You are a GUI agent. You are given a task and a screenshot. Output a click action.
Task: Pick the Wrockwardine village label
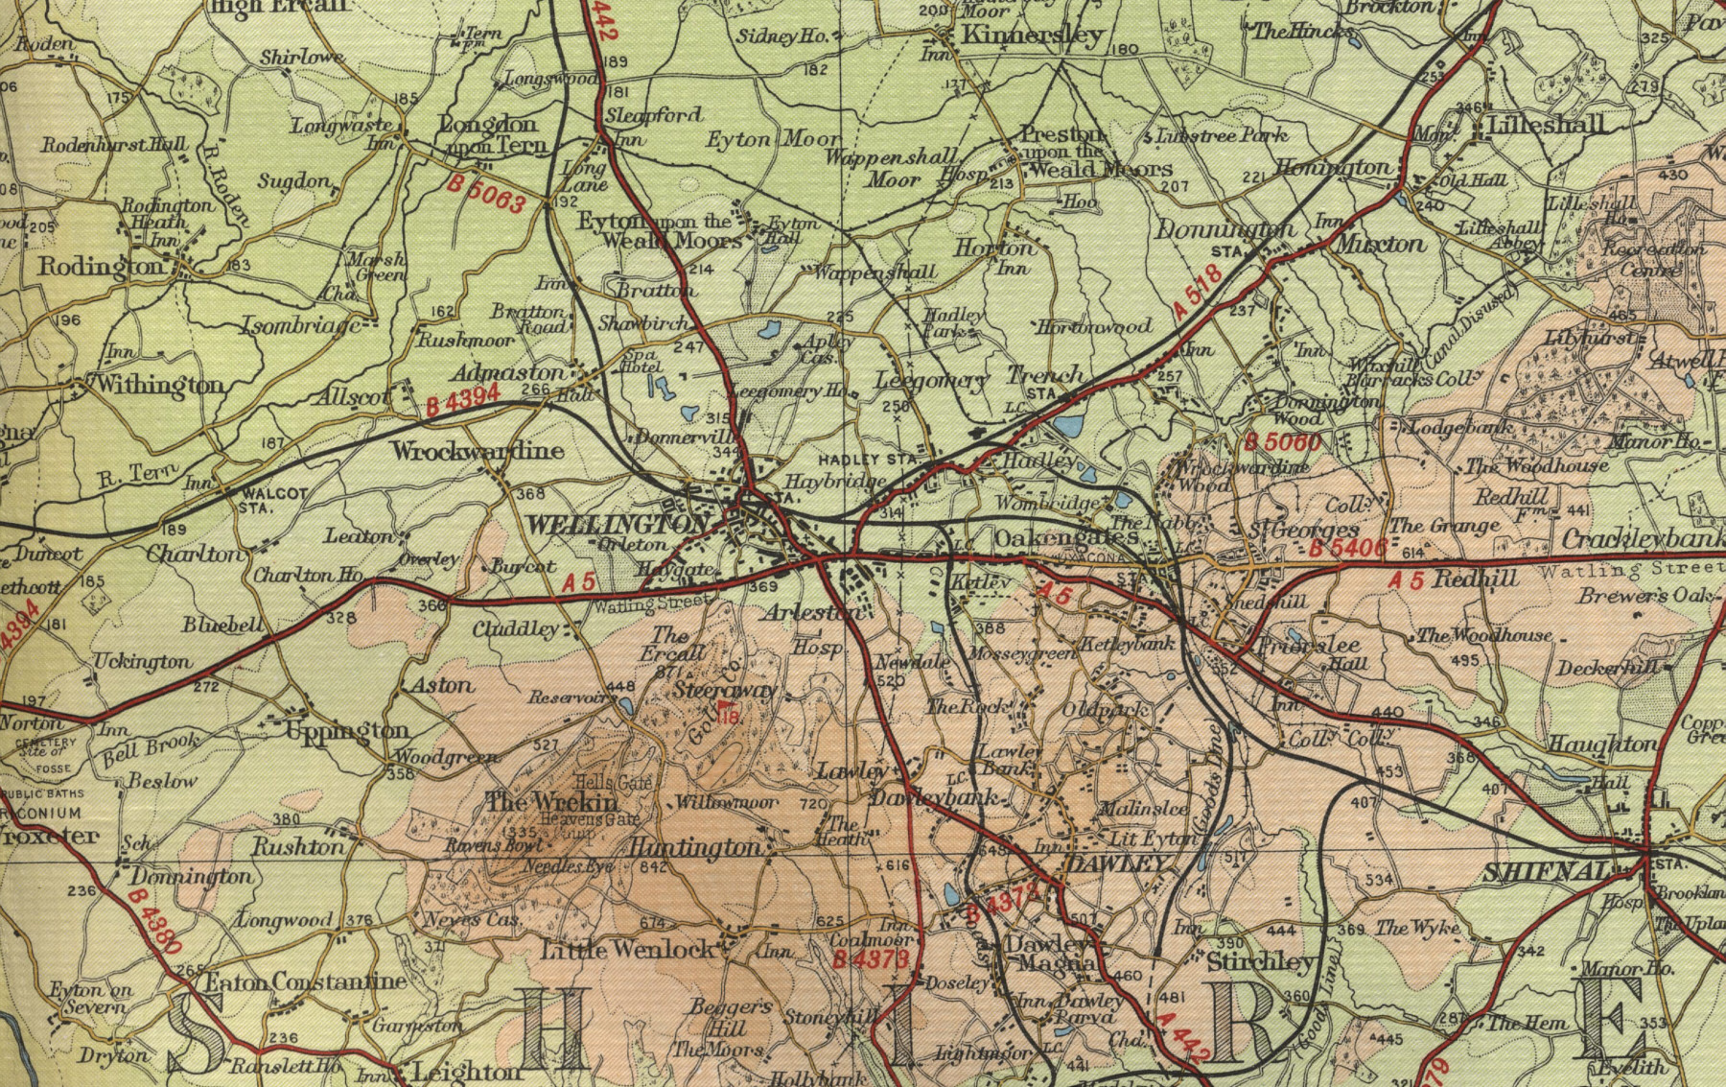(x=477, y=450)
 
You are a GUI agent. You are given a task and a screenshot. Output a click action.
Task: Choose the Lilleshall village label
(x=1546, y=125)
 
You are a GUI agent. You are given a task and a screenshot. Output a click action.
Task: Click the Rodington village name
(x=102, y=266)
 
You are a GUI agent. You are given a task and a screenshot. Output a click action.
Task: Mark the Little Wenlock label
(x=628, y=950)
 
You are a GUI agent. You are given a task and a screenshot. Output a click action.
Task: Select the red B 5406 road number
(x=1347, y=548)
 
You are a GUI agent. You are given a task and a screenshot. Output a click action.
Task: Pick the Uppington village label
(x=347, y=732)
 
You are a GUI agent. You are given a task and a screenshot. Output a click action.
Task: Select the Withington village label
(x=159, y=386)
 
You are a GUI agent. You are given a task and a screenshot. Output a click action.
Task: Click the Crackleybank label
(x=1642, y=539)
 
